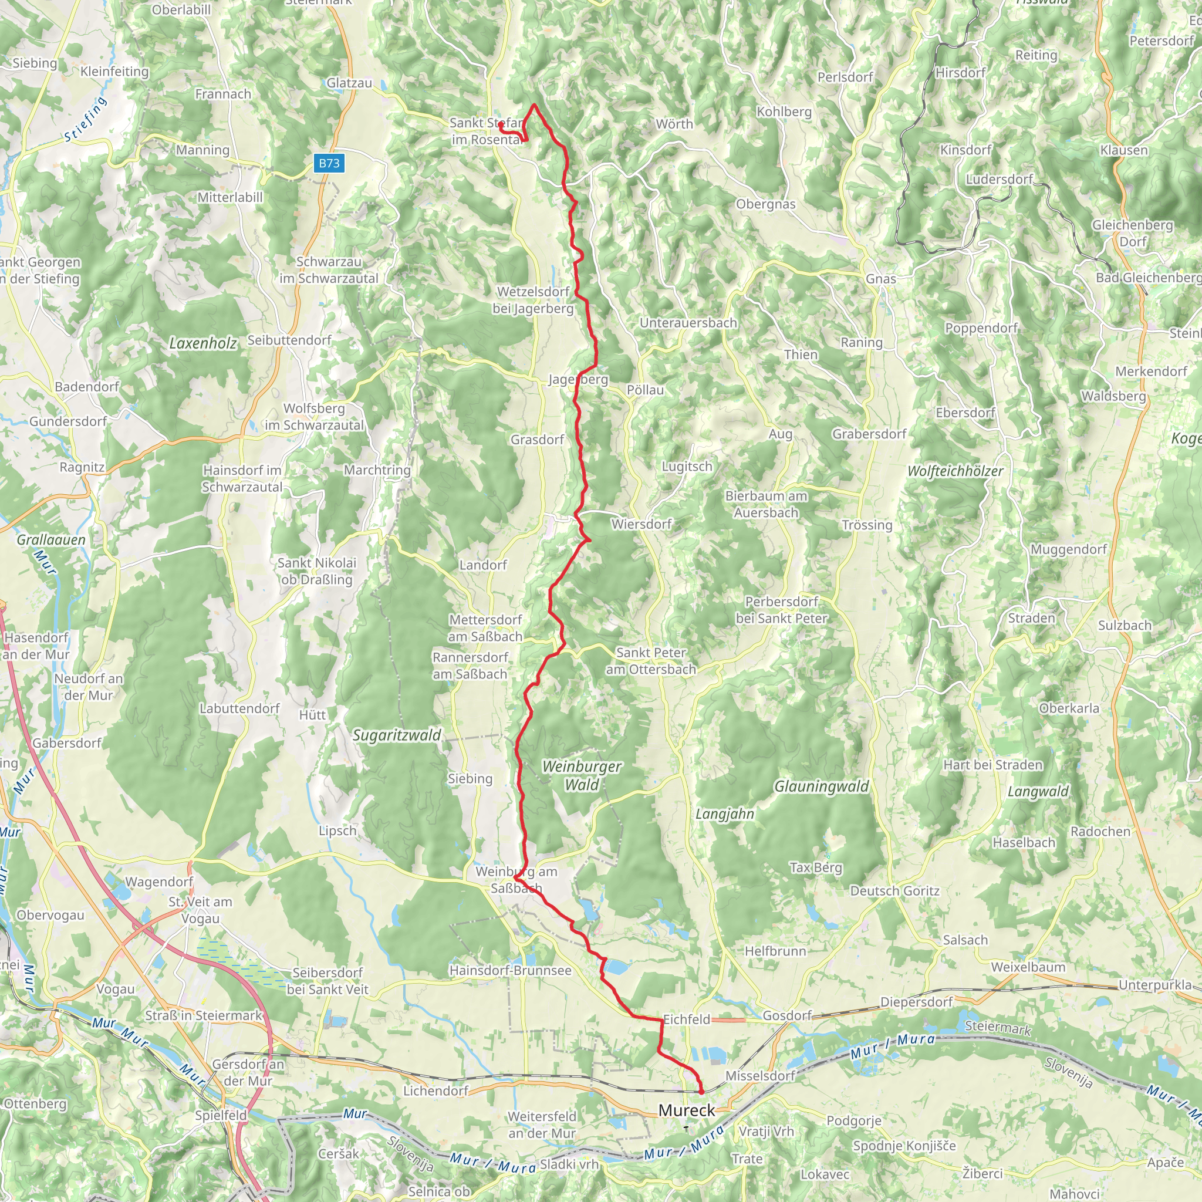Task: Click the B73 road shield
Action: coord(329,163)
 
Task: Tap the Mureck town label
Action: coord(686,1110)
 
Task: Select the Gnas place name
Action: coord(880,279)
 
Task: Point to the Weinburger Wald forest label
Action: coord(581,775)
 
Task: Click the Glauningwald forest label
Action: coord(821,786)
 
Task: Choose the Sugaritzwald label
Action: coord(396,735)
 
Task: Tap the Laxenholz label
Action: coord(203,343)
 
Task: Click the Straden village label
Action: coord(1032,618)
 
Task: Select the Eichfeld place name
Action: coord(686,1019)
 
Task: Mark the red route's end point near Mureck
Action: coord(701,1091)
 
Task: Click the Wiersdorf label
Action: coord(641,524)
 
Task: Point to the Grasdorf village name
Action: coord(537,440)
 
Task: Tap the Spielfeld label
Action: coord(221,1115)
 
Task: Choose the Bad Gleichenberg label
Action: coord(1149,278)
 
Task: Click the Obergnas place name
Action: coord(765,204)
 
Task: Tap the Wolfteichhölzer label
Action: coord(955,471)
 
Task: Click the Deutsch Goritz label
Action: coord(894,891)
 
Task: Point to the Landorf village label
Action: coord(483,565)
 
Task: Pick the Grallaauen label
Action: coord(51,539)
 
